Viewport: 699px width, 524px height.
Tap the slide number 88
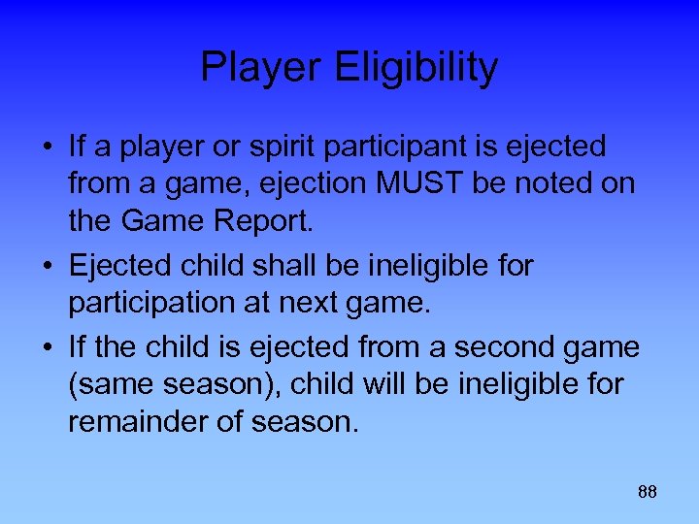648,492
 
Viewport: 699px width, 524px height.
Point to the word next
318,303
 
